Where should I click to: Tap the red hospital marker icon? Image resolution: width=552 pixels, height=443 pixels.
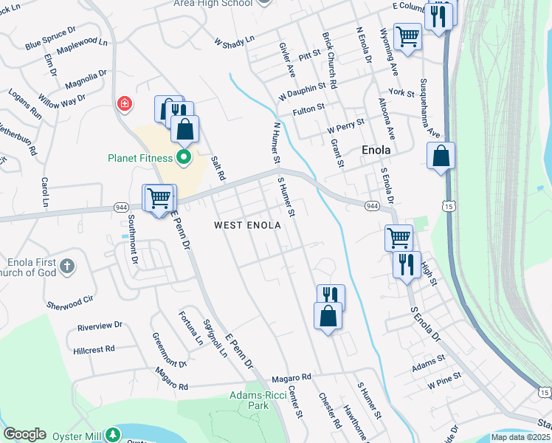124,103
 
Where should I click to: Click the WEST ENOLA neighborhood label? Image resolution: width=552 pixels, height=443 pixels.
247,224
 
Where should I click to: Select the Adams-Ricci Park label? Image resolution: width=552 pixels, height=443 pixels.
248,400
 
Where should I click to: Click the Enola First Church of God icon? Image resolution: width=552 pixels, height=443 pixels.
66,266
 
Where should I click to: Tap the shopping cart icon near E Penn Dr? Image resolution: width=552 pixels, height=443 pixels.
159,198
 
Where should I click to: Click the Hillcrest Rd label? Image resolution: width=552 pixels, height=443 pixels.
94,348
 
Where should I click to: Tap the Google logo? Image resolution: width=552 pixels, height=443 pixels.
24,434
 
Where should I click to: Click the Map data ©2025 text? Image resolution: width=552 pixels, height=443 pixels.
520,437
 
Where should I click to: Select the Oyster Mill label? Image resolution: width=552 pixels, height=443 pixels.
72,436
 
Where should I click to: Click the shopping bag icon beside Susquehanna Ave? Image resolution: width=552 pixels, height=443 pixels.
441,157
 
